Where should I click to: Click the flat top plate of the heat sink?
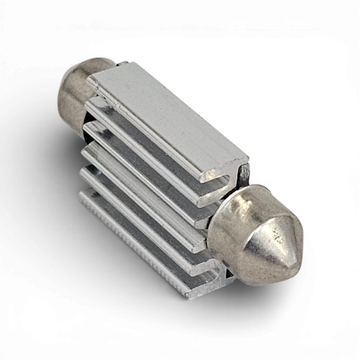pos(171,117)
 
